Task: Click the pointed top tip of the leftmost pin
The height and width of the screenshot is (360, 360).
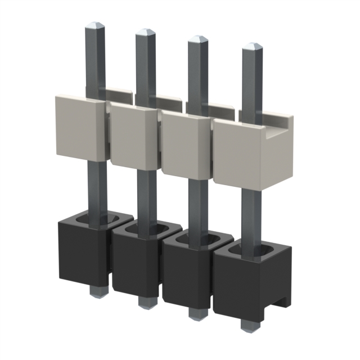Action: (94, 26)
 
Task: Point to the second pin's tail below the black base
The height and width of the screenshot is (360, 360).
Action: (146, 301)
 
